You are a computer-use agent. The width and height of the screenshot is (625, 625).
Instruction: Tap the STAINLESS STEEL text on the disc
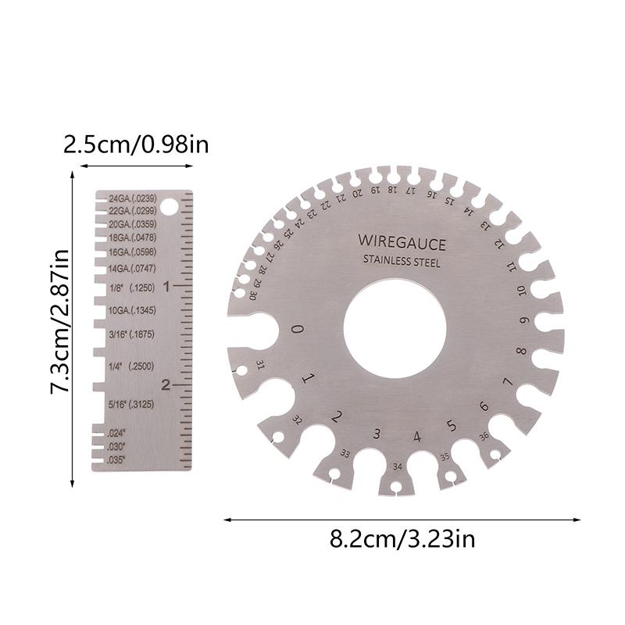[x=402, y=262]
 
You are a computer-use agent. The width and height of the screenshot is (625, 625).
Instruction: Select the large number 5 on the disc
[x=452, y=426]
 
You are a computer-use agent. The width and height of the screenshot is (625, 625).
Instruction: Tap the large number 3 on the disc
[x=377, y=434]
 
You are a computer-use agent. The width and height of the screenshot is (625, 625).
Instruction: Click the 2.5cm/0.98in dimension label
[x=136, y=145]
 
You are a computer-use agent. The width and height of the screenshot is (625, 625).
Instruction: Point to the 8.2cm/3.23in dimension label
[x=402, y=538]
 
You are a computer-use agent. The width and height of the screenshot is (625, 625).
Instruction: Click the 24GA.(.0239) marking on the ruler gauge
[x=133, y=198]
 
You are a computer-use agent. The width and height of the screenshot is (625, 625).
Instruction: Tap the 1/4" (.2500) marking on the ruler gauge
[x=130, y=366]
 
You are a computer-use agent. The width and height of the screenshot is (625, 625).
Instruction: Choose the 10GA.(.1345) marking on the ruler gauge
[x=132, y=311]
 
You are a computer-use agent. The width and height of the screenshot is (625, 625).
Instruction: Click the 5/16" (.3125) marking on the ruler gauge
[x=130, y=404]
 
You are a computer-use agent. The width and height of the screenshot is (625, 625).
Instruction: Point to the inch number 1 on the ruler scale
[x=166, y=287]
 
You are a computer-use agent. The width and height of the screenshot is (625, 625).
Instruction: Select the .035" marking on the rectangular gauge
[x=117, y=459]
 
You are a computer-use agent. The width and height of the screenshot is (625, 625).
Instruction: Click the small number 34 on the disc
[x=398, y=467]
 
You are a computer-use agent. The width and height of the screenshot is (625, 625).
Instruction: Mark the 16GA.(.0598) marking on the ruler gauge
[x=132, y=252]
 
